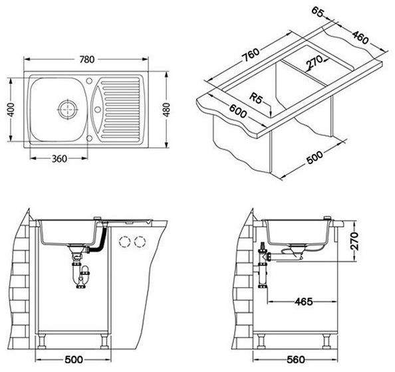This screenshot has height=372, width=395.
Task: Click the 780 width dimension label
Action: coord(87,59)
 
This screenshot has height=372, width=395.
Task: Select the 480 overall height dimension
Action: coord(166,110)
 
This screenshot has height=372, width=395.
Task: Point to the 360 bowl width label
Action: coord(59,159)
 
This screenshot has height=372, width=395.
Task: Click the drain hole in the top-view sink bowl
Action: coord(67,109)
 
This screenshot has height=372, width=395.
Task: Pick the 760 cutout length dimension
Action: coord(251,55)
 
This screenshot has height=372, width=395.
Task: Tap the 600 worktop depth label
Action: coord(237,111)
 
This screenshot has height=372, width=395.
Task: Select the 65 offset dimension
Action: coord(318,11)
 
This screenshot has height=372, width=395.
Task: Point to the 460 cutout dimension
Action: coord(360,37)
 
